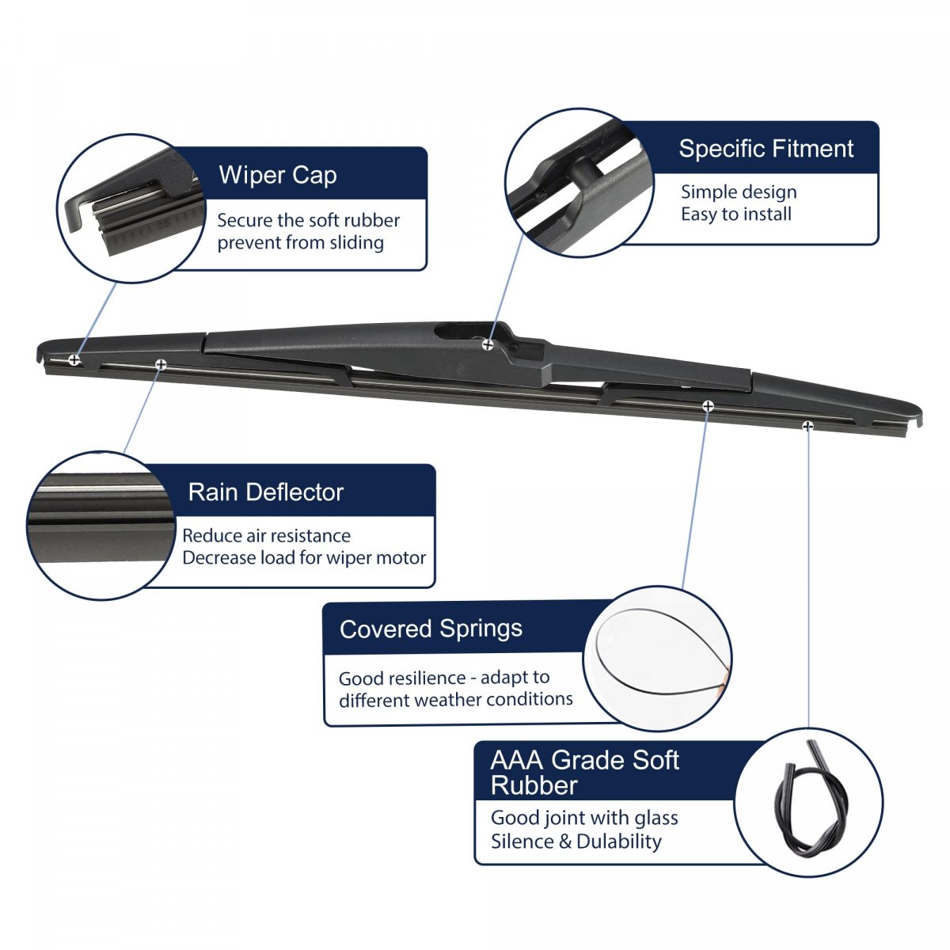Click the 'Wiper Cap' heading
[x=278, y=176]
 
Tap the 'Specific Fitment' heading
[x=766, y=148]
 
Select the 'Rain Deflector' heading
[x=266, y=492]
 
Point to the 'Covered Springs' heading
[x=431, y=629]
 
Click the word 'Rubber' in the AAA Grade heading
[x=534, y=785]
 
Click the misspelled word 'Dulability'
[x=619, y=841]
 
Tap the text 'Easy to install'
[x=736, y=214]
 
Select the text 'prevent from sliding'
[x=300, y=242]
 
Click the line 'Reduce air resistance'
[x=266, y=535]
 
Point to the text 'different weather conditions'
[x=455, y=699]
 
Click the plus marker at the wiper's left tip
[x=74, y=359]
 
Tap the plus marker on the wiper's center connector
[x=488, y=344]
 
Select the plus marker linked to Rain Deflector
[x=161, y=364]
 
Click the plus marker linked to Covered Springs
[x=708, y=406]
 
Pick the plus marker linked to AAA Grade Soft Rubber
[x=807, y=425]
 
